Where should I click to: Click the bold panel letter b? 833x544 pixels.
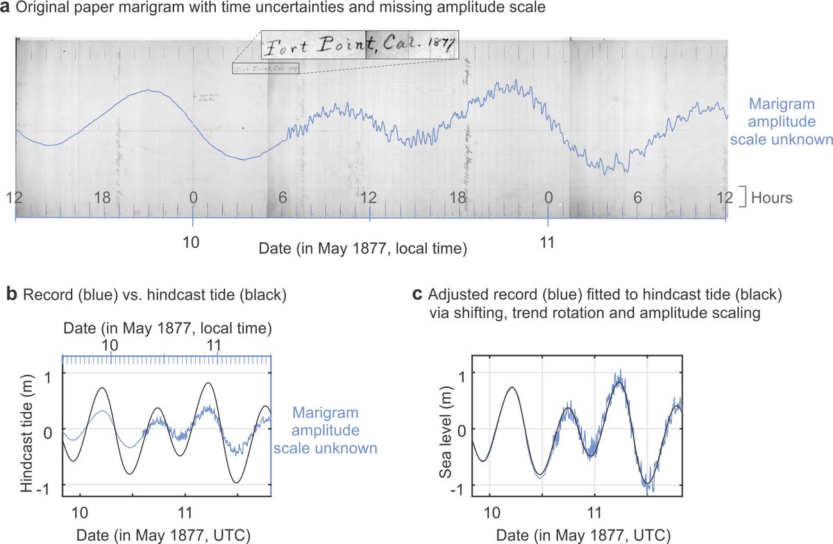tap(12, 295)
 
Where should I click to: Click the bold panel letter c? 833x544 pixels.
tap(417, 295)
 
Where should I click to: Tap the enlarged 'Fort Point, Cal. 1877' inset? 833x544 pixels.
tap(358, 46)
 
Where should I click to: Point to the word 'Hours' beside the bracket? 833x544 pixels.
tap(773, 198)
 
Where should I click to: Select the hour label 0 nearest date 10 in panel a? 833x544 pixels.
tap(193, 198)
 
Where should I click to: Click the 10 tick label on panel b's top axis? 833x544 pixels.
tap(111, 345)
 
